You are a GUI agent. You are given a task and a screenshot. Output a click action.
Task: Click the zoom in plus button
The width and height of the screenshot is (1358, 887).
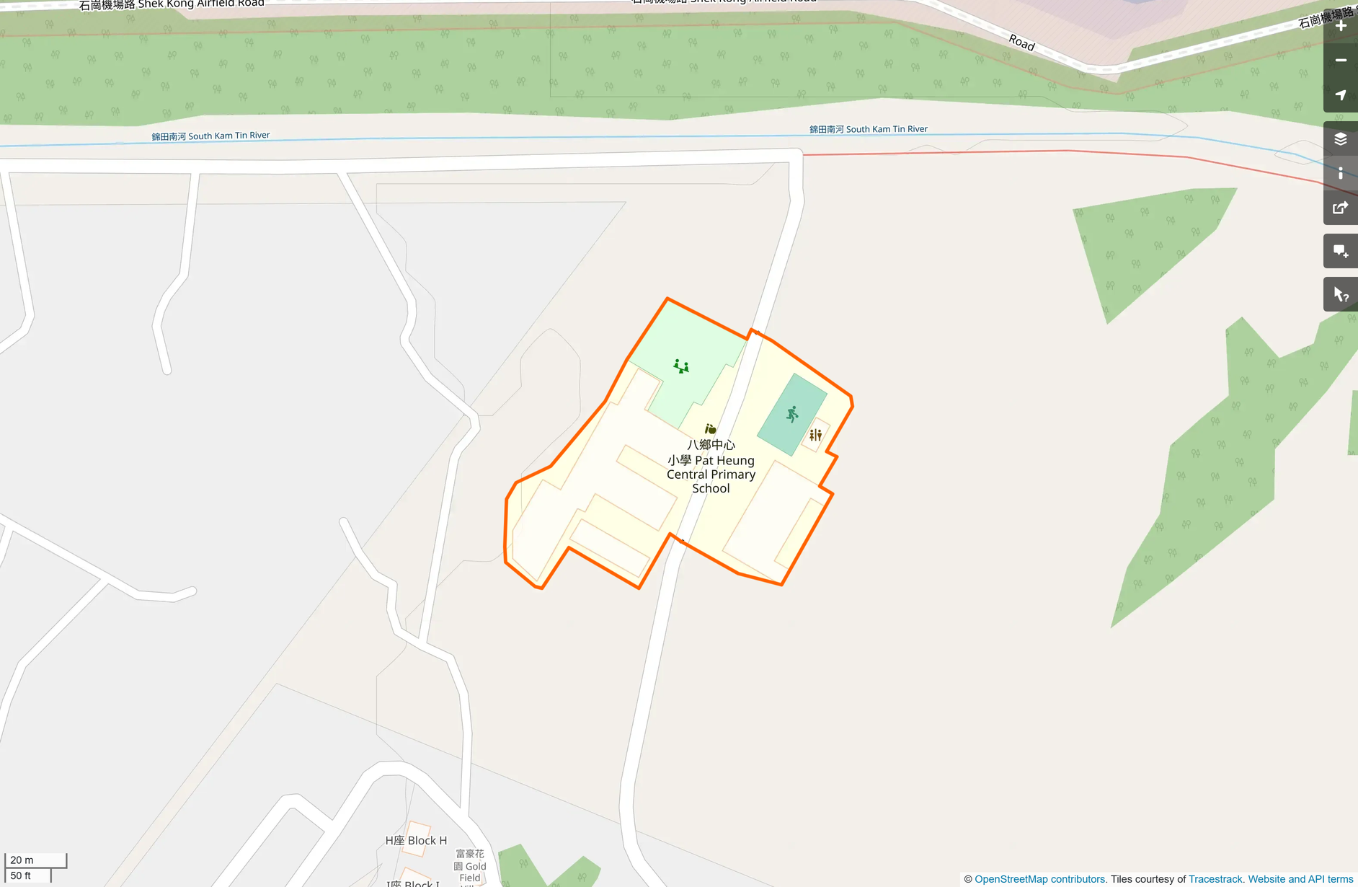1341,26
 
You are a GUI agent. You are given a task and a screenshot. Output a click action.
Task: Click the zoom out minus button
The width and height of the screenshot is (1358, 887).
1341,61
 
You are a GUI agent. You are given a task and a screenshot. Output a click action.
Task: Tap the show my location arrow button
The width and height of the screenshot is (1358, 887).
1341,95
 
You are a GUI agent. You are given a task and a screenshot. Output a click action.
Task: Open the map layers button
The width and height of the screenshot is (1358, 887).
1341,138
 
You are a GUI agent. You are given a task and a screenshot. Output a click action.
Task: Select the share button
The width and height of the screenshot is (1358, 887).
1341,208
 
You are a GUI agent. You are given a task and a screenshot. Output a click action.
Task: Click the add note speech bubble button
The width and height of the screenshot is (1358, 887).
1341,251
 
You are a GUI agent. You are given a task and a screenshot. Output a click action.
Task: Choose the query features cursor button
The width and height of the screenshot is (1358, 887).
1341,294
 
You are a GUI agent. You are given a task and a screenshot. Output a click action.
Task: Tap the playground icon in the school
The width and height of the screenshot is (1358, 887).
681,366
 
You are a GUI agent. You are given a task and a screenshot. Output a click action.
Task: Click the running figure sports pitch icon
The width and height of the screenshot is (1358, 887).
792,414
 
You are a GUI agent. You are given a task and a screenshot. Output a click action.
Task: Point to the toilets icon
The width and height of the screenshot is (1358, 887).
815,435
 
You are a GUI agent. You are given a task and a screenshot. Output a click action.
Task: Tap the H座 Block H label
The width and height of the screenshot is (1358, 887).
416,840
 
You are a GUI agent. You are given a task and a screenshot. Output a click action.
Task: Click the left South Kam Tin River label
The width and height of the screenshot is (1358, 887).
210,136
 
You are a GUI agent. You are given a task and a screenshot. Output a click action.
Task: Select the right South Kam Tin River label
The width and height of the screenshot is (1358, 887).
868,129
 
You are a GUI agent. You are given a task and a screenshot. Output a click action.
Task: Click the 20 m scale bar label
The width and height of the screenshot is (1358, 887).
22,860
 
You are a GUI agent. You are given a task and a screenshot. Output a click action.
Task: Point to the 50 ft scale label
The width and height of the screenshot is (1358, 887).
21,875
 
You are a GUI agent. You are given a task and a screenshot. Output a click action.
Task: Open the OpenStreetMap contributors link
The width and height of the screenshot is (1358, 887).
1039,879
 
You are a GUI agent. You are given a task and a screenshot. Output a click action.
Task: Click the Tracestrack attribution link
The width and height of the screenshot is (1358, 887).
1215,879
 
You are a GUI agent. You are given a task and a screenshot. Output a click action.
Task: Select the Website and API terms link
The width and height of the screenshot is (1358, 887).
1300,879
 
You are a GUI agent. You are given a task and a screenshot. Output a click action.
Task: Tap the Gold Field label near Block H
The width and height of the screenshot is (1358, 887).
470,866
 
